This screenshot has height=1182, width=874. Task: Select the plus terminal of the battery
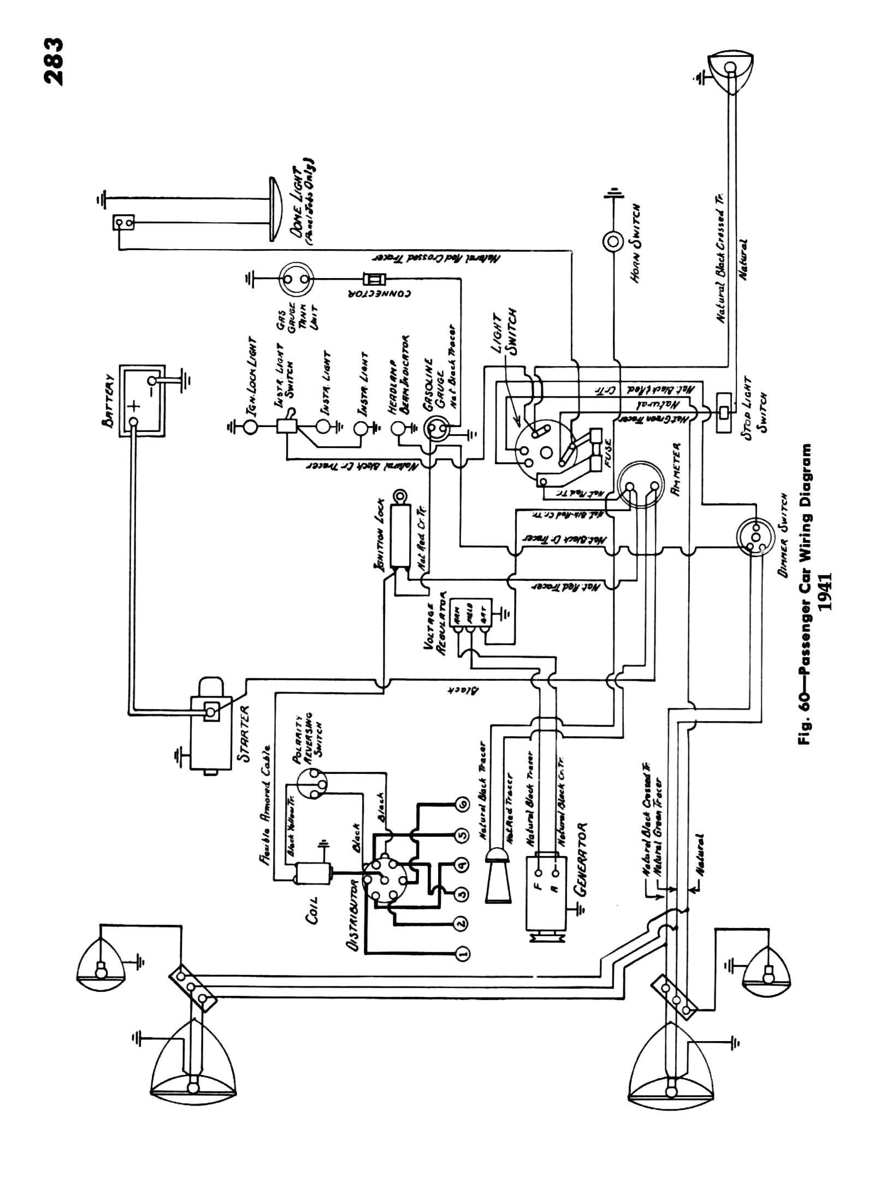coord(133,407)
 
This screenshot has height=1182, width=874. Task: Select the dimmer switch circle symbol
coord(752,537)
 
